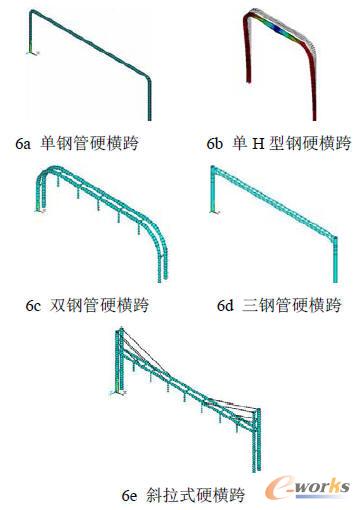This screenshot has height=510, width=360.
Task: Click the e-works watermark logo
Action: click(305, 487)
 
